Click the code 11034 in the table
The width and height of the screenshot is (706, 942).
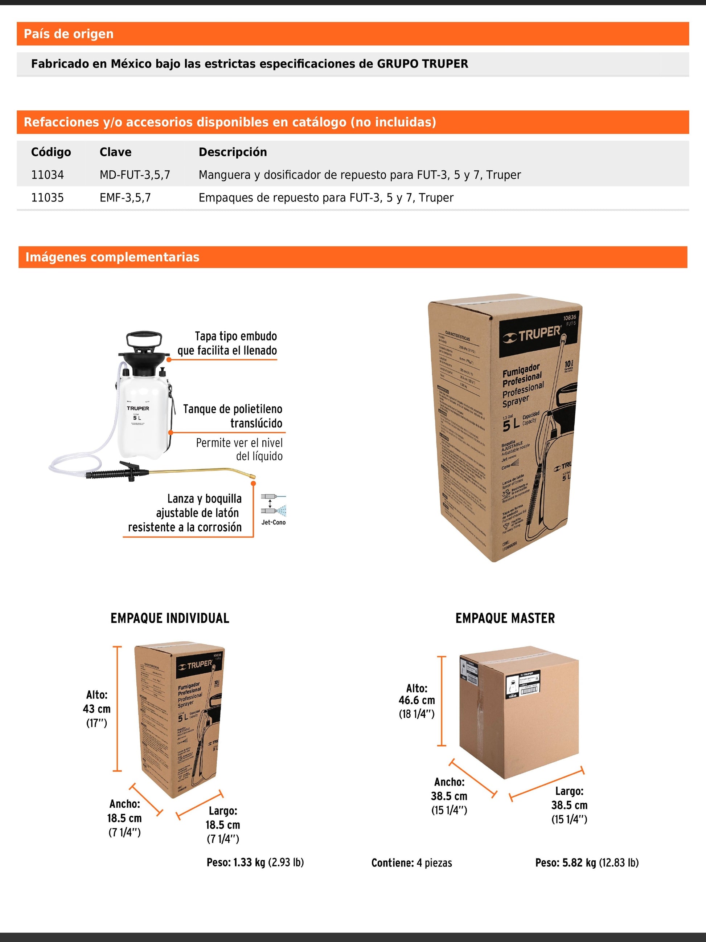coord(47,175)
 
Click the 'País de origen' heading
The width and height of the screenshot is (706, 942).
coord(69,34)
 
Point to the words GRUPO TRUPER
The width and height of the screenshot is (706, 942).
coord(422,64)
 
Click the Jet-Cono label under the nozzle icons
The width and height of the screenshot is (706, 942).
coord(273,522)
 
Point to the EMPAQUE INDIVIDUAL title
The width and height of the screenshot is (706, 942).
coord(170,618)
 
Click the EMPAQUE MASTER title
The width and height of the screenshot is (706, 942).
coord(505,618)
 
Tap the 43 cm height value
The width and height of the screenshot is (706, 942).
coord(97,709)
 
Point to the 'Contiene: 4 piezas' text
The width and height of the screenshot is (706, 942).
coord(411,863)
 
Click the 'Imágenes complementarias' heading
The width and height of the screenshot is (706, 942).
coord(112,257)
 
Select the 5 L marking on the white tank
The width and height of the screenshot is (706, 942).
coord(137,418)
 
